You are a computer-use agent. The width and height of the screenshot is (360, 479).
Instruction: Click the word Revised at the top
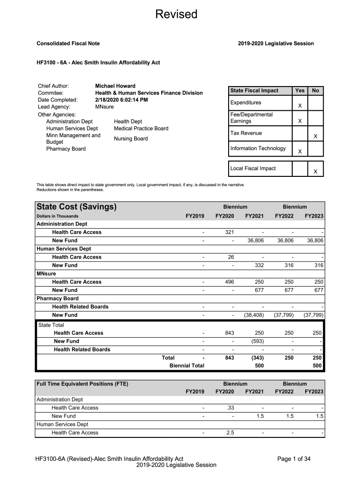point(176,15)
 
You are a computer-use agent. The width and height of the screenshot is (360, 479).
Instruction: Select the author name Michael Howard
point(115,86)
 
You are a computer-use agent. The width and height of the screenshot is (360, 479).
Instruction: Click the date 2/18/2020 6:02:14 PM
point(122,100)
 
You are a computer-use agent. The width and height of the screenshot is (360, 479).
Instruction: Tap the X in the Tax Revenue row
point(316,137)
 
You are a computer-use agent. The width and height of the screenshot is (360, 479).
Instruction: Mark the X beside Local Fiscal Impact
point(316,172)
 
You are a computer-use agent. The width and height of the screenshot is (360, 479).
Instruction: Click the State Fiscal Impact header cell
point(254,91)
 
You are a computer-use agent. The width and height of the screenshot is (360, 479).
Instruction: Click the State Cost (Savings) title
point(76,207)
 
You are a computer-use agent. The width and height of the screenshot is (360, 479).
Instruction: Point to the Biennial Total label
point(187,366)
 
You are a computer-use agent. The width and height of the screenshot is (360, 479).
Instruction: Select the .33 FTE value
point(230,408)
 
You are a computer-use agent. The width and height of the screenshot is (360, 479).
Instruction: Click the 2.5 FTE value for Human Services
point(230,433)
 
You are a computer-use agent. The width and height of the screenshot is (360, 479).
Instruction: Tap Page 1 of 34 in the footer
point(294,459)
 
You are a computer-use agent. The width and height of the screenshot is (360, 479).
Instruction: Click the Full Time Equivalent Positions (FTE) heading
point(82,384)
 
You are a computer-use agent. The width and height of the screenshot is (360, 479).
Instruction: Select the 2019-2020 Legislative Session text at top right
point(275,44)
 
